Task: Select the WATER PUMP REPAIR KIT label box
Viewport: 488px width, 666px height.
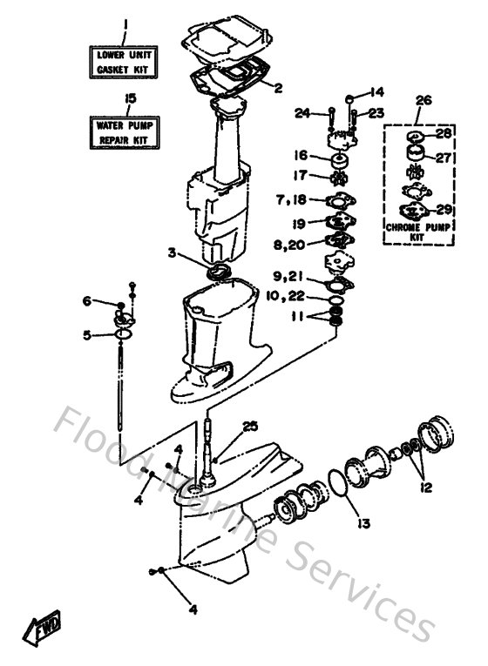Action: pyautogui.click(x=125, y=131)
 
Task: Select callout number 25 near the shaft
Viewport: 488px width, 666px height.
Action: pyautogui.click(x=250, y=426)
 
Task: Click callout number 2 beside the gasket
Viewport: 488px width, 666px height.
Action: pyautogui.click(x=278, y=87)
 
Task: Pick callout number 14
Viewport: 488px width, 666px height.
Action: pyautogui.click(x=376, y=91)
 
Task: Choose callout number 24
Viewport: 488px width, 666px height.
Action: pyautogui.click(x=302, y=111)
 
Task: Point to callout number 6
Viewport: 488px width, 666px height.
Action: pyautogui.click(x=86, y=301)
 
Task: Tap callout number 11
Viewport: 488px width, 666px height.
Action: pyautogui.click(x=298, y=319)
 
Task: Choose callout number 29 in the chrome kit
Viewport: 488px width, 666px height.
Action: pyautogui.click(x=444, y=209)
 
